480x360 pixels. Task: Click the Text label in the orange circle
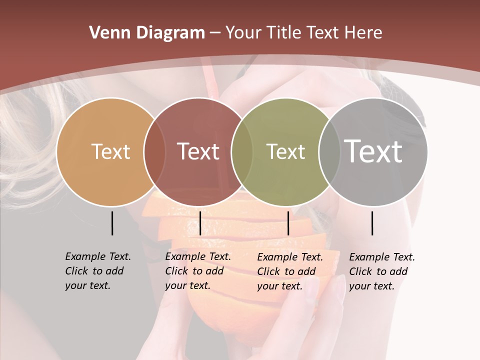pyautogui.click(x=110, y=151)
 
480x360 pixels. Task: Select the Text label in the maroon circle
pyautogui.click(x=198, y=151)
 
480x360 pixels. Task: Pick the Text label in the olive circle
pyautogui.click(x=285, y=151)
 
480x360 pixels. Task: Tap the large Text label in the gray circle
pyautogui.click(x=373, y=151)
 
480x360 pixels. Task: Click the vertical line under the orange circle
pyautogui.click(x=112, y=223)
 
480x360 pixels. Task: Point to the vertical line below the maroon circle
pyautogui.click(x=200, y=223)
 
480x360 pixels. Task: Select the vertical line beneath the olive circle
pyautogui.click(x=288, y=223)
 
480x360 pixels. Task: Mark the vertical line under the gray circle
pyautogui.click(x=372, y=223)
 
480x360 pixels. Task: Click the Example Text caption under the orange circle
pyautogui.click(x=97, y=271)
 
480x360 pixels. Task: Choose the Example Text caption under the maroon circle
pyautogui.click(x=197, y=271)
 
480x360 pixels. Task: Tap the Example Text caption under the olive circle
pyautogui.click(x=289, y=271)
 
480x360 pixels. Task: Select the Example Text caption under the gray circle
pyautogui.click(x=381, y=271)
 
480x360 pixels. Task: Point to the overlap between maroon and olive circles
pyautogui.click(x=242, y=151)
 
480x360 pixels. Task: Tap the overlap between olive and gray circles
pyautogui.click(x=328, y=151)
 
